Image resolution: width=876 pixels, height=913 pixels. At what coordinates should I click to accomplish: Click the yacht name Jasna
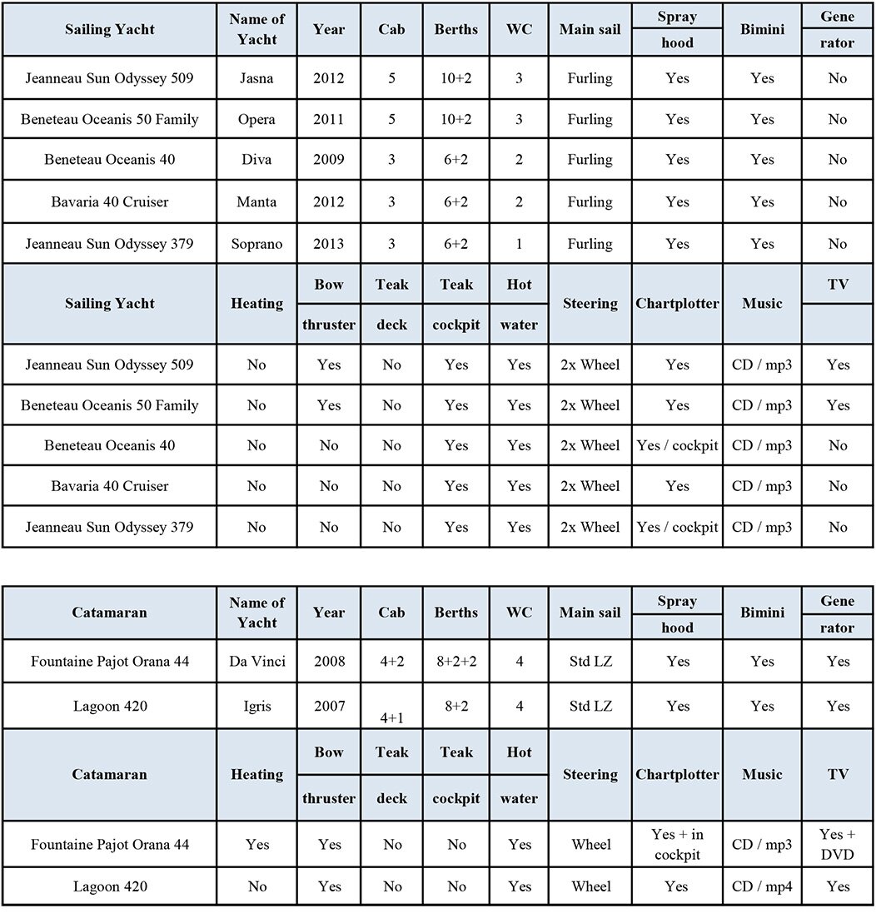(256, 78)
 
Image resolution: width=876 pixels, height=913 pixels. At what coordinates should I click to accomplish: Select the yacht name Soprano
(256, 244)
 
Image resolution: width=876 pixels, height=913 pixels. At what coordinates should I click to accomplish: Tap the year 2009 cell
(329, 160)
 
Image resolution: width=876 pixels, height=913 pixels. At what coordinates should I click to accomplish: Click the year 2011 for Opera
(329, 119)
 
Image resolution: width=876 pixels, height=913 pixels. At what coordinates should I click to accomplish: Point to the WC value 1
(519, 244)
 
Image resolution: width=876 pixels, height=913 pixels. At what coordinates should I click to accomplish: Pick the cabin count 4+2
(391, 662)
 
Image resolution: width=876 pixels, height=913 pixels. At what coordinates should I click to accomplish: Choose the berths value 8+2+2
(456, 662)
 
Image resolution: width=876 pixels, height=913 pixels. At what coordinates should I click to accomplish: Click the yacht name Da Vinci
(256, 662)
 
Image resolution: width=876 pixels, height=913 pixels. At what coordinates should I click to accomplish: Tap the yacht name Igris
(256, 706)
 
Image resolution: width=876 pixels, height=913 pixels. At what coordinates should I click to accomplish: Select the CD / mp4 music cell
(762, 886)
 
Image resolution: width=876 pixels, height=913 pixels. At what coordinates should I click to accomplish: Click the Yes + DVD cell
(838, 844)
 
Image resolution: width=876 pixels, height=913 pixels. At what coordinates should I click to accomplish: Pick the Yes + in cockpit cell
(677, 844)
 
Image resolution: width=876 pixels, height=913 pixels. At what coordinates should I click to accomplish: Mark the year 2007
(329, 706)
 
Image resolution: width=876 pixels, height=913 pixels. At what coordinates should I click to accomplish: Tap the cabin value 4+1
(391, 715)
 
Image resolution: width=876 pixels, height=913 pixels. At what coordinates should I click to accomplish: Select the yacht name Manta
(256, 201)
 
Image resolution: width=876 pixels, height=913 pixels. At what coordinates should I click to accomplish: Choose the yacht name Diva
(256, 160)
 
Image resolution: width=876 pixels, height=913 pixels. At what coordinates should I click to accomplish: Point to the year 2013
(329, 244)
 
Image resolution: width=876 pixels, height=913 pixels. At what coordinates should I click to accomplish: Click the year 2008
(329, 662)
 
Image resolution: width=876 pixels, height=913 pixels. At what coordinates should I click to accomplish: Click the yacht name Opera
(256, 119)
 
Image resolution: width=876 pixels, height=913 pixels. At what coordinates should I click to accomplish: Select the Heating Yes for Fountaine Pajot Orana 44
(256, 844)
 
